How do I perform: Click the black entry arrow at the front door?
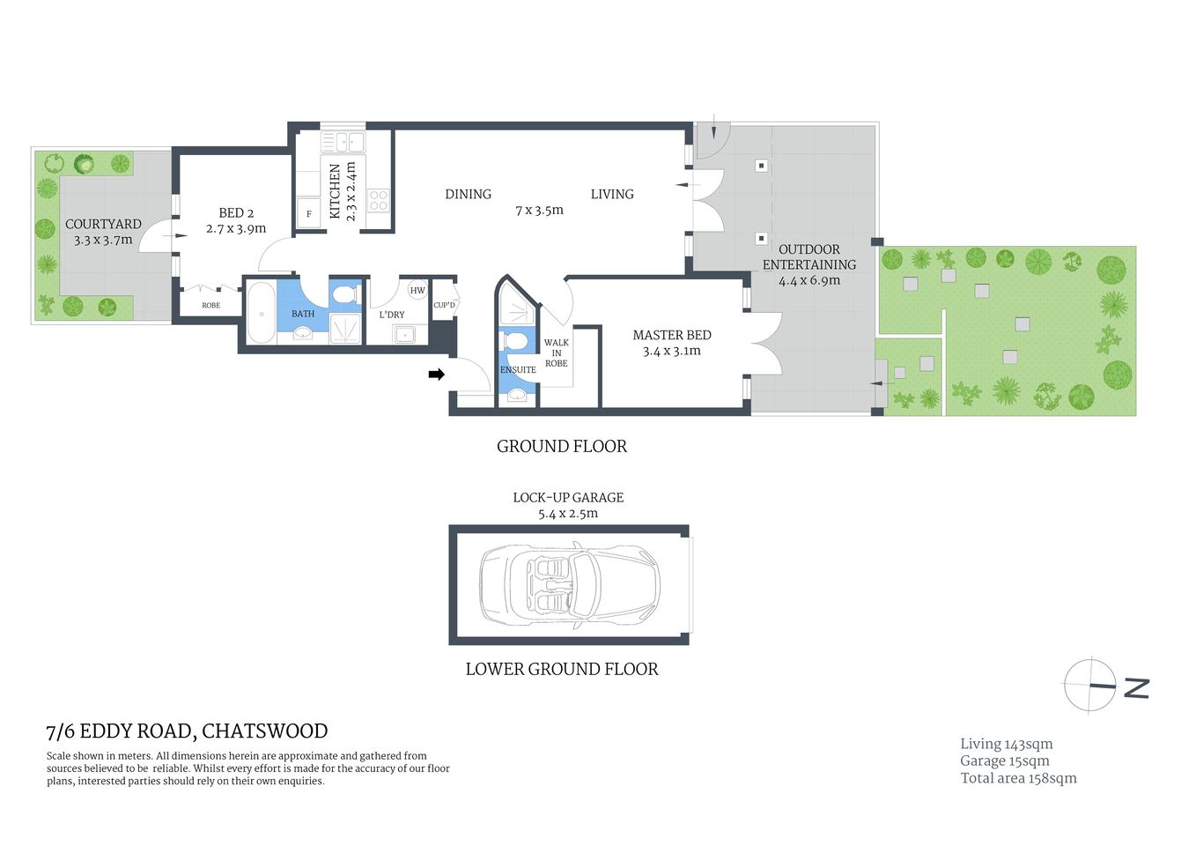(x=436, y=375)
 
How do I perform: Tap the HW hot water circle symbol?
(x=417, y=290)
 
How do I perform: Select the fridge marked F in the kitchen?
(x=309, y=214)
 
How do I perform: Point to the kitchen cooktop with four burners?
(x=378, y=200)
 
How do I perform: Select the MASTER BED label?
(x=671, y=335)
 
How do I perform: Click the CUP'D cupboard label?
(x=445, y=306)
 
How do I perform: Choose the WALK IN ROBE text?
(x=556, y=352)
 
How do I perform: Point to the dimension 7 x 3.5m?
(x=539, y=211)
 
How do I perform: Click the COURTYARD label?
(x=103, y=224)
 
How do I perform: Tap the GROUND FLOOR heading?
(x=562, y=447)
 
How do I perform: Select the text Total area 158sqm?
(x=1018, y=778)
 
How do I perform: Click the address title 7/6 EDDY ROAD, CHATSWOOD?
(x=187, y=731)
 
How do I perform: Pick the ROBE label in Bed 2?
(x=211, y=306)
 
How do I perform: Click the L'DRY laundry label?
(x=392, y=315)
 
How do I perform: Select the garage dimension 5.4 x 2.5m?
(x=568, y=514)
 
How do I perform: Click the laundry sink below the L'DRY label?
(x=405, y=334)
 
